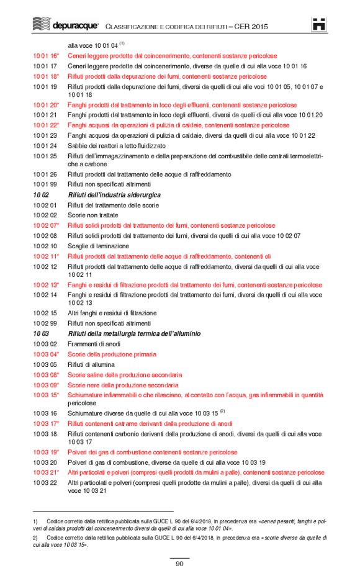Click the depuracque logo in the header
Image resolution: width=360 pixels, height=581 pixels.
(x=65, y=25)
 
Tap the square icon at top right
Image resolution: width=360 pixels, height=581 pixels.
(x=320, y=24)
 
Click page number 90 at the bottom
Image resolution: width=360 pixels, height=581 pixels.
(x=179, y=564)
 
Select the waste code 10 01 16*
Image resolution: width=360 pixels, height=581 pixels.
(x=46, y=55)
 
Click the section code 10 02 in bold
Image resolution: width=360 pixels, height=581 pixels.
(x=41, y=195)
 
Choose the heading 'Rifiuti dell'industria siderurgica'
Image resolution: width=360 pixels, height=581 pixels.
(x=114, y=195)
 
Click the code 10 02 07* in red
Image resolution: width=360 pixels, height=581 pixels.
(x=46, y=225)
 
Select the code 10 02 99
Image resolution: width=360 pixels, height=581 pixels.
(x=45, y=323)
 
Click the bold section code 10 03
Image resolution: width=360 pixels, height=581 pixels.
(x=41, y=333)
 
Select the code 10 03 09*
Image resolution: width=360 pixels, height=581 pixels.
(x=46, y=385)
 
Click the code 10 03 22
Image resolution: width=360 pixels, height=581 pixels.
(x=45, y=482)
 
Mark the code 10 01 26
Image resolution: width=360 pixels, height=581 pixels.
(x=45, y=174)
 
